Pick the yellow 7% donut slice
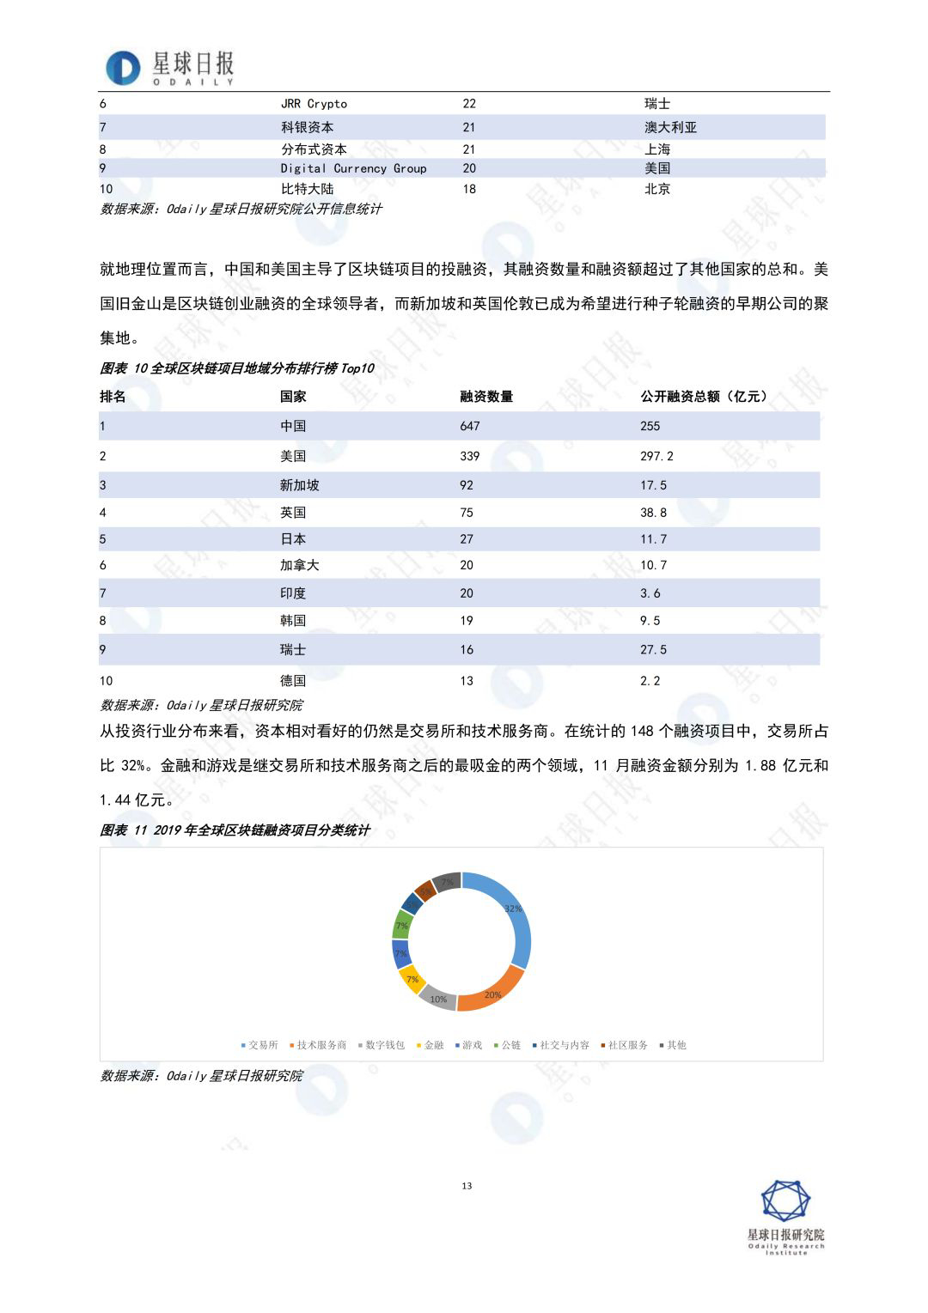point(412,979)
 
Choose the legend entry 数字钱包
point(384,1045)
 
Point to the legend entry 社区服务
point(627,1045)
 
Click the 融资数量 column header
point(486,397)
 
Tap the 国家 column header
point(293,397)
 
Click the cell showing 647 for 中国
point(470,426)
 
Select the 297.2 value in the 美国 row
point(656,456)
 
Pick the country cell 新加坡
point(299,485)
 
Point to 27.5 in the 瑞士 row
point(653,650)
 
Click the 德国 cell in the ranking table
point(293,681)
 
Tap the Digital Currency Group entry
point(353,168)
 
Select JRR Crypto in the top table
point(314,104)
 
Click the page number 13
point(467,1186)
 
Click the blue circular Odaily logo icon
point(123,68)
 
